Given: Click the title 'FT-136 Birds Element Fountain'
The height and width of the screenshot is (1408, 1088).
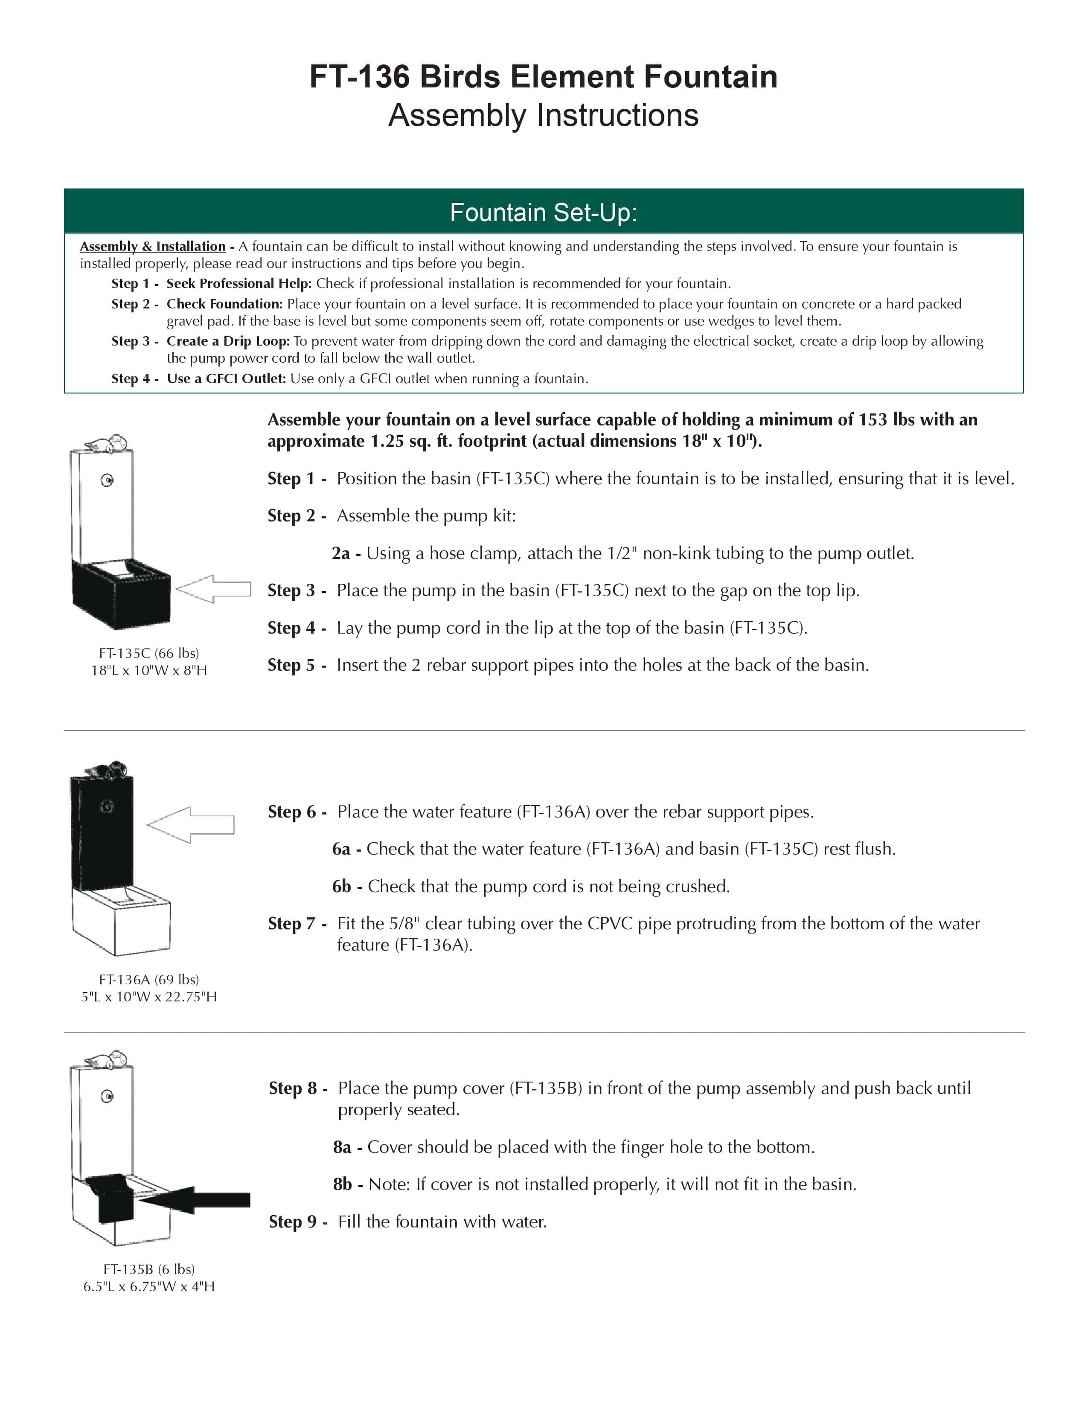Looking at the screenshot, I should [x=543, y=77].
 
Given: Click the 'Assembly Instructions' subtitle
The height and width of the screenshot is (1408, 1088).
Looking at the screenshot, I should [x=543, y=115].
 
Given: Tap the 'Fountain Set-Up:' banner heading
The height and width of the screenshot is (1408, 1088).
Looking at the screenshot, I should [x=543, y=212].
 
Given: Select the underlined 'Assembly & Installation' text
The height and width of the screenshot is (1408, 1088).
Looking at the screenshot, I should [x=153, y=246].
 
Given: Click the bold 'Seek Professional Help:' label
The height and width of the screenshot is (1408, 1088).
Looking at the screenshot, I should [x=239, y=284].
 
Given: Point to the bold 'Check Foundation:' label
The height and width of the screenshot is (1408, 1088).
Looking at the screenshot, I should [x=224, y=304].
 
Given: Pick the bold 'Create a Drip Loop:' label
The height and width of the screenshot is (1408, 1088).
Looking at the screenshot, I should [x=228, y=341].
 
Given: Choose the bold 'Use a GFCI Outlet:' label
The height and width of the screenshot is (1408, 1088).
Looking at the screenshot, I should [x=226, y=378].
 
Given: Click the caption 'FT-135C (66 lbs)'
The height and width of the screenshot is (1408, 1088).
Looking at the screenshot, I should [x=149, y=653].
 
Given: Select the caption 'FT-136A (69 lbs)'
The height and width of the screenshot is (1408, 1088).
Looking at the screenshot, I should [x=149, y=979].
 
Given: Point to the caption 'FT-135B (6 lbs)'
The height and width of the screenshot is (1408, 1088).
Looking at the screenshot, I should [x=149, y=1269].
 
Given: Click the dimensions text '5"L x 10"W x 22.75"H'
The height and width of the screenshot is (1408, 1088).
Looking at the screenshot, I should [x=149, y=997].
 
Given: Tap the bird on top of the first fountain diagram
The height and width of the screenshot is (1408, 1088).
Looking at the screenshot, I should [x=108, y=444].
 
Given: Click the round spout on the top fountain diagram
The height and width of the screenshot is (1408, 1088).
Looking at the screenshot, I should [x=108, y=480].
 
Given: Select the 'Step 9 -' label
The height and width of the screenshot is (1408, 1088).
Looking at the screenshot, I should [x=298, y=1222].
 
